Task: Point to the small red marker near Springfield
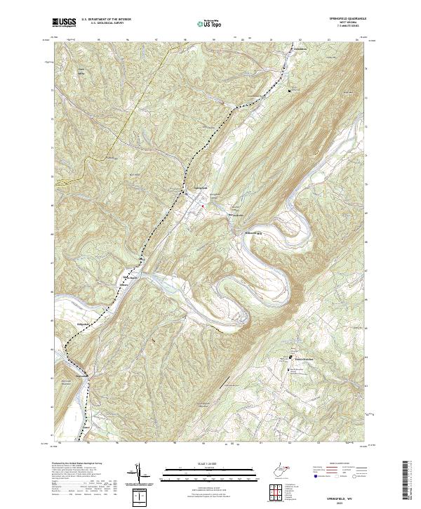tap(203, 206)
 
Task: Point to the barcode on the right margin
tap(410, 480)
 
